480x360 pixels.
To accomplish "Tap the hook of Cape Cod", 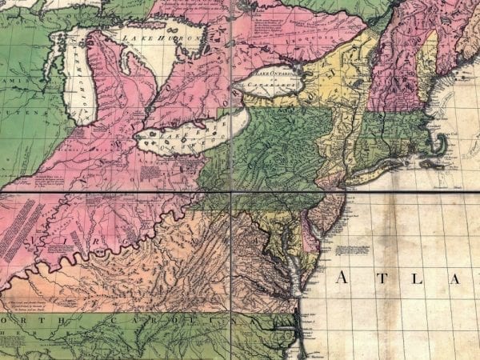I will (442, 145).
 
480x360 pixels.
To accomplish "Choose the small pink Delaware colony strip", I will (306, 240).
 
